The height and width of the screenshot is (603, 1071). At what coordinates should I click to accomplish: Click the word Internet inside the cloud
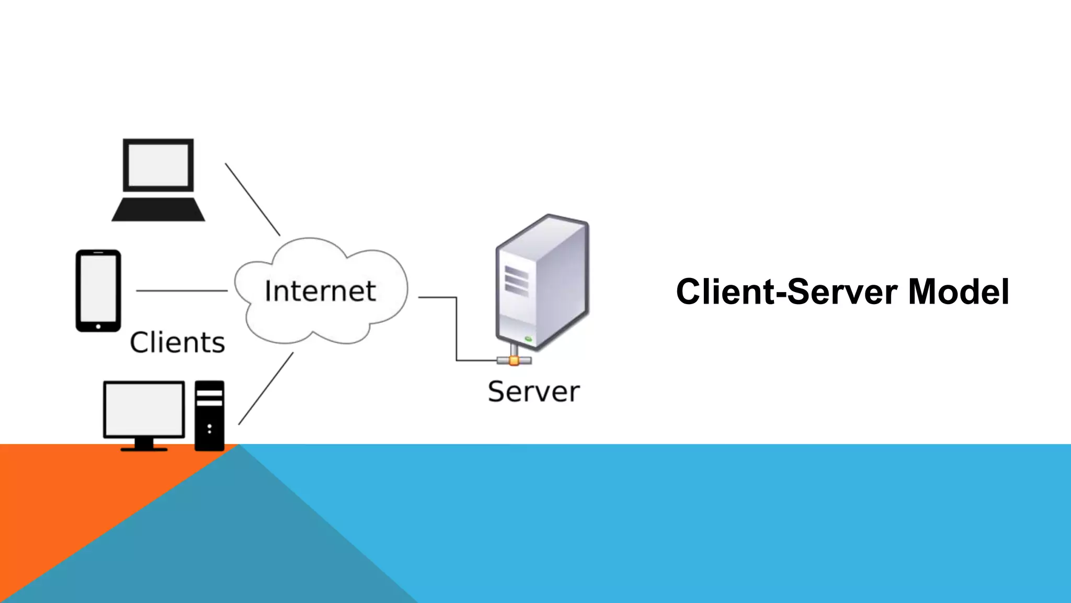[320, 291]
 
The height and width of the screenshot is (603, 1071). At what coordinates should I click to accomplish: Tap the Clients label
[177, 343]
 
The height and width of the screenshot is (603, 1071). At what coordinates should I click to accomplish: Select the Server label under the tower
[533, 392]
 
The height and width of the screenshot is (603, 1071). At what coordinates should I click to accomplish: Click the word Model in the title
[958, 292]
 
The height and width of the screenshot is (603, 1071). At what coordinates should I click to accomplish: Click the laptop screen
[158, 165]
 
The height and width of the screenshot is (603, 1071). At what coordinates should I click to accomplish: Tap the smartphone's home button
[98, 327]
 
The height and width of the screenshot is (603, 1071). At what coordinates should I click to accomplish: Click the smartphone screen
[98, 288]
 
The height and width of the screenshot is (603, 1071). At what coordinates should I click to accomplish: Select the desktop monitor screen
[144, 409]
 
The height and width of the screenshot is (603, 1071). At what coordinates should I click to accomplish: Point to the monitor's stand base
[144, 449]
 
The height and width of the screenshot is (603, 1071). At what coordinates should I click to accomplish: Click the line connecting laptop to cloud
[253, 199]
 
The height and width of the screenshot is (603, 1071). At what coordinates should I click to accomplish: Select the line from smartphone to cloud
[182, 291]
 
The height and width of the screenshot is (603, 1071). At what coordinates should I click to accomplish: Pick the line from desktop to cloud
[266, 388]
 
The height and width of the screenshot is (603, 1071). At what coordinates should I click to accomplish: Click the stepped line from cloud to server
[457, 330]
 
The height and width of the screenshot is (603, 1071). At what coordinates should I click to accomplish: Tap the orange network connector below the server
[514, 360]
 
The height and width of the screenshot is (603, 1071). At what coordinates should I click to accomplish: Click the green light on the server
[528, 339]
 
